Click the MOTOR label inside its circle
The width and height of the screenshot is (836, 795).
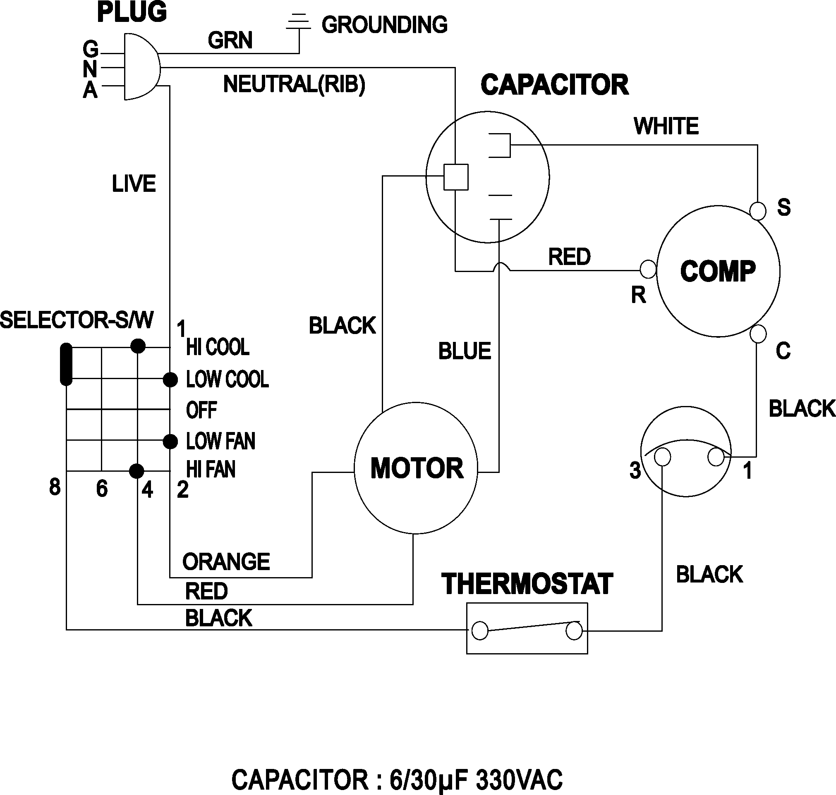(x=416, y=468)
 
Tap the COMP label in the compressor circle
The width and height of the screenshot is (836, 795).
(x=718, y=271)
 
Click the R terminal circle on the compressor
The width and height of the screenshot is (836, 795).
(x=648, y=269)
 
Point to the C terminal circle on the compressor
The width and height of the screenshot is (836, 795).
(x=757, y=334)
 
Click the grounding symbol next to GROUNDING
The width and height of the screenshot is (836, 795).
(x=299, y=22)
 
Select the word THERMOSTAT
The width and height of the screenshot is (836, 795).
(x=527, y=584)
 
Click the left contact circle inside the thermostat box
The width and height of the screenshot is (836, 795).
(x=480, y=630)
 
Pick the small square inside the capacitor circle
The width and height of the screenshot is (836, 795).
(x=456, y=177)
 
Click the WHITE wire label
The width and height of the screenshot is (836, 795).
(x=666, y=126)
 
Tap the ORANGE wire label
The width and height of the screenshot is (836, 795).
(x=226, y=562)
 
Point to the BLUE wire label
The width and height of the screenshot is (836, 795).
(x=464, y=351)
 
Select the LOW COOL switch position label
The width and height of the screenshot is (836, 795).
(x=227, y=379)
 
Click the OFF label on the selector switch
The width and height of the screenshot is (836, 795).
(x=201, y=410)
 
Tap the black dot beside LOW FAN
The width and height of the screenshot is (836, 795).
(x=170, y=442)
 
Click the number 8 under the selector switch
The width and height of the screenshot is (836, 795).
(x=55, y=487)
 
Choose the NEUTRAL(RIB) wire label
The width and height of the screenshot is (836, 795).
(x=294, y=84)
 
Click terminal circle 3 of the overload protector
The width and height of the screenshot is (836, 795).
(x=662, y=457)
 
